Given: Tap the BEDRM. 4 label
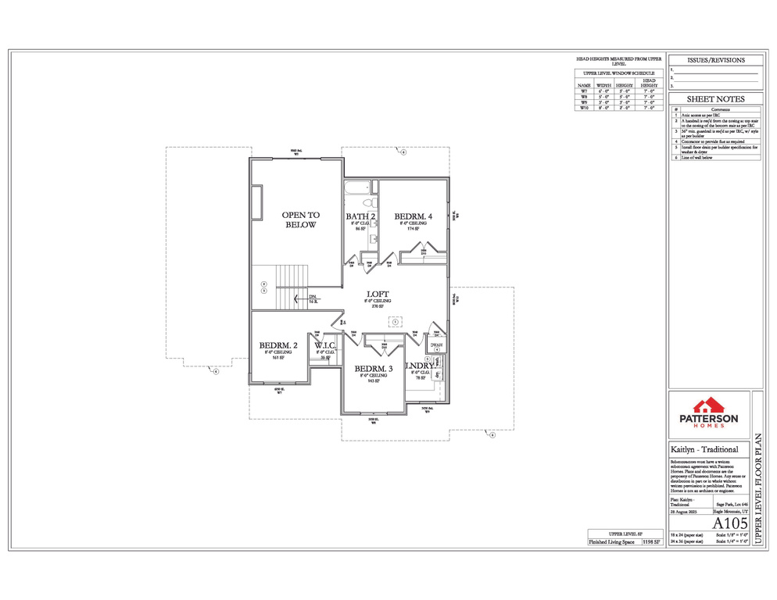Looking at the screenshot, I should (x=412, y=216).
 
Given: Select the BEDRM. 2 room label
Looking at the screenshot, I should (x=278, y=345).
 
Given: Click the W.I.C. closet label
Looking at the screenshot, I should (x=325, y=345).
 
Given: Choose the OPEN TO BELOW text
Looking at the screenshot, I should (x=299, y=220).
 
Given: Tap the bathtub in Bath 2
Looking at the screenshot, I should (x=360, y=187).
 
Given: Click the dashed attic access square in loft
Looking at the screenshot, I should (x=396, y=321).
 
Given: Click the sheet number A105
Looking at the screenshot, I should (x=731, y=522).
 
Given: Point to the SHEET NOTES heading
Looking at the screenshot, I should (x=715, y=99).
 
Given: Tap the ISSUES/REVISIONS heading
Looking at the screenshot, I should (x=715, y=60).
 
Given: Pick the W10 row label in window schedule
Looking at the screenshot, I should (x=583, y=108).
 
